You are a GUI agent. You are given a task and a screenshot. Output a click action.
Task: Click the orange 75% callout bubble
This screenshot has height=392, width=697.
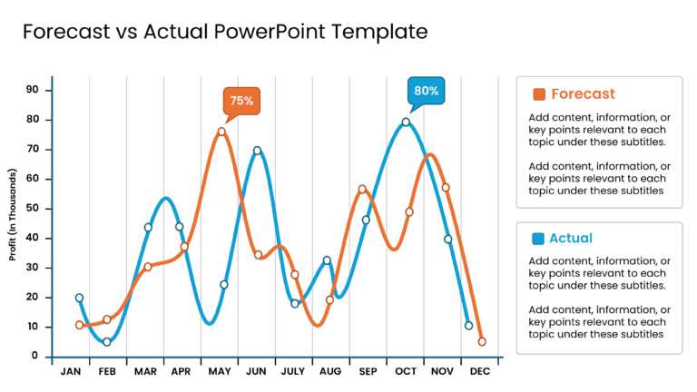tap(241, 102)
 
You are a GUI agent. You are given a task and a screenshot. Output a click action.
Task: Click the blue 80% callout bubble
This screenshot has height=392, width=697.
tap(427, 91)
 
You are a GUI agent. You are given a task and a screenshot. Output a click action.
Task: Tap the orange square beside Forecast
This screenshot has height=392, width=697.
tap(539, 94)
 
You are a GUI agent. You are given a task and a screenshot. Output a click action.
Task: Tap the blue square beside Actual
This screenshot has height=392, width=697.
tap(539, 239)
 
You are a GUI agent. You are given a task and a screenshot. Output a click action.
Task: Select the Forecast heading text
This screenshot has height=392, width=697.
tap(583, 94)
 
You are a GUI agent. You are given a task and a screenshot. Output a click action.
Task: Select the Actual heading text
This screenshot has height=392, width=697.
tap(571, 239)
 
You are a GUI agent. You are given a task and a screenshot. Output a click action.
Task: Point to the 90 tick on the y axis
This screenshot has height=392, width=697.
tap(32, 90)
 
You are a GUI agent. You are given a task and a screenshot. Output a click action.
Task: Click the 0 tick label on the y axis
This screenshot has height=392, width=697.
tap(35, 357)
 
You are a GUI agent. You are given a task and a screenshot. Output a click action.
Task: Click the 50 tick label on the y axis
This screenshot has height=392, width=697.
tap(32, 209)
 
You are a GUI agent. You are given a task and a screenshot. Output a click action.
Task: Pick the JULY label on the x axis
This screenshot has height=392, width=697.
tap(294, 372)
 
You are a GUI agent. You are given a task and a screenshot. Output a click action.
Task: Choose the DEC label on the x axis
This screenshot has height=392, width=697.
tap(481, 372)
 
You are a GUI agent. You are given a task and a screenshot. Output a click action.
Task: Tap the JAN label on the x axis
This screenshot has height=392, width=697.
tap(70, 372)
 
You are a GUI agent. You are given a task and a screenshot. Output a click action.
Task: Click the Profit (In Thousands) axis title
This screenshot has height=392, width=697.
tap(14, 214)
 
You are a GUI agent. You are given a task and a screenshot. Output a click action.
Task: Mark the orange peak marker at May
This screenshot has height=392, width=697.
tap(221, 132)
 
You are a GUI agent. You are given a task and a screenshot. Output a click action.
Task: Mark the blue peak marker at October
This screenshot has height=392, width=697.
tap(406, 122)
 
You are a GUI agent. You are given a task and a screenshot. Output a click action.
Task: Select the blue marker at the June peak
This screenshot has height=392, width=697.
tap(257, 151)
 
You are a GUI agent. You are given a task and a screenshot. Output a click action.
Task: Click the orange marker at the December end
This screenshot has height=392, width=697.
tap(482, 342)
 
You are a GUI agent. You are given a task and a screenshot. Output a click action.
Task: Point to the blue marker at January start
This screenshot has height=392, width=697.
tap(79, 298)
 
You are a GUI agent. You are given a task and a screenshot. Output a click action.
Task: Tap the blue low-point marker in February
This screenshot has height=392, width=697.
tap(107, 342)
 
